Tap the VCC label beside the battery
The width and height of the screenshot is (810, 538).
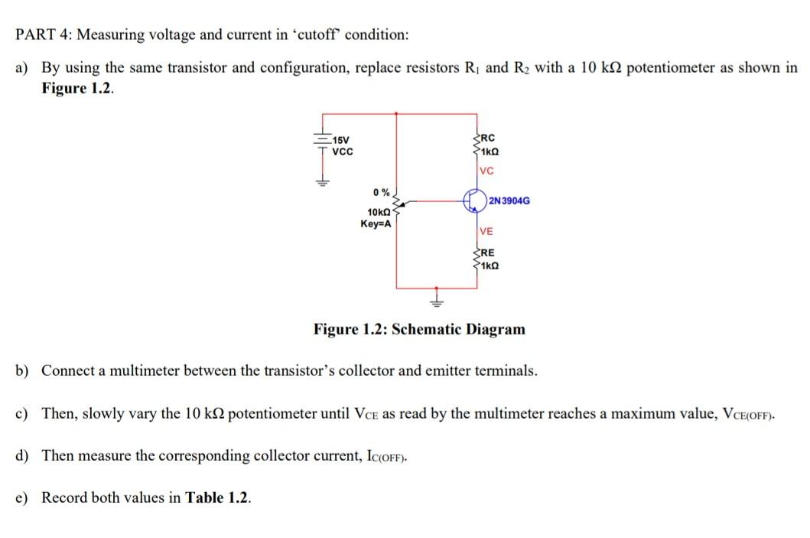[343, 152]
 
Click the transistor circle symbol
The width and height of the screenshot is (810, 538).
[474, 201]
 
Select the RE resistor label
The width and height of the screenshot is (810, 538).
[486, 252]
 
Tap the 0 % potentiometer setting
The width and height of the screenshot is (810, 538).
[381, 192]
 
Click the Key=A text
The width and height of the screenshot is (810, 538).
[376, 223]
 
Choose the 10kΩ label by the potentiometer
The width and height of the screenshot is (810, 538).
[379, 212]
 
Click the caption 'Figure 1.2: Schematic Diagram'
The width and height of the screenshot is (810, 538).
[419, 329]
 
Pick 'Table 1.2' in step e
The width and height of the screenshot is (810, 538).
[218, 497]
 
